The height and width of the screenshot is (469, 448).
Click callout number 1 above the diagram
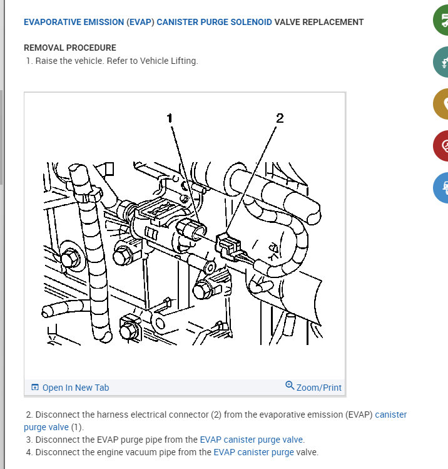(170, 118)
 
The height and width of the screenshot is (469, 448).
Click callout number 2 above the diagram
(280, 118)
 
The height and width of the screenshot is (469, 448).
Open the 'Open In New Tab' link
(76, 388)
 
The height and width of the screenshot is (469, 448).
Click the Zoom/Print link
(319, 388)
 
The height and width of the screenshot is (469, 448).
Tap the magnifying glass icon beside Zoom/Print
(290, 385)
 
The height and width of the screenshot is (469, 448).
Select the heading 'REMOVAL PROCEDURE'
(70, 48)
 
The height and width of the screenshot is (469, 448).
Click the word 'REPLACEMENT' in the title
(333, 22)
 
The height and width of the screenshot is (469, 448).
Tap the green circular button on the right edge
(441, 20)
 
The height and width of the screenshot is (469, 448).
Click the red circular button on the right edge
(441, 146)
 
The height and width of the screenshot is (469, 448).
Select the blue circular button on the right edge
(441, 188)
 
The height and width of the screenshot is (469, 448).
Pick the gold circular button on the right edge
(441, 104)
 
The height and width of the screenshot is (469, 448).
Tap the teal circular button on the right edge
(441, 62)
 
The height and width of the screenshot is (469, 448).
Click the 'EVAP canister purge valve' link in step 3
(252, 440)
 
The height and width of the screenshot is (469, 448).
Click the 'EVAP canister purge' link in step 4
(254, 452)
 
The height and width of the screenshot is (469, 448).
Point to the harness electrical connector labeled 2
(228, 245)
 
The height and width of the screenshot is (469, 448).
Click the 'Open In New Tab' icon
(35, 388)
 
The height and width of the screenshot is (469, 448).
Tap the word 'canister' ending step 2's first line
(391, 415)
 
